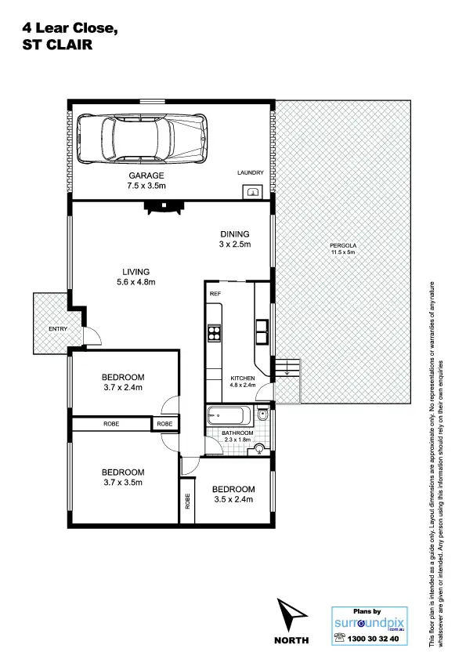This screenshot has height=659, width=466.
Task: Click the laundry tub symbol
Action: pos(253,190)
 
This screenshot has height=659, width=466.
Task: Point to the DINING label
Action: pos(234,234)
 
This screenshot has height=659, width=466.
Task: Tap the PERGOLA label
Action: pos(342,245)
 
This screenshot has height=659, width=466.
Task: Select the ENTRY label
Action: pos(57,328)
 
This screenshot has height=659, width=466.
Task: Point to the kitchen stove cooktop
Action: pos(213,335)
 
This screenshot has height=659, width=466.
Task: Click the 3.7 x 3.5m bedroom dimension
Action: pos(123,482)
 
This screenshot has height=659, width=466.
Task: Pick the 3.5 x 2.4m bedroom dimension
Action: pos(233,498)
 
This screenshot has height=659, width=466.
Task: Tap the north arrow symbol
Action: pos(289,614)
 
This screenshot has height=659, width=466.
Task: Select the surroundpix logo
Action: pos(367,624)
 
